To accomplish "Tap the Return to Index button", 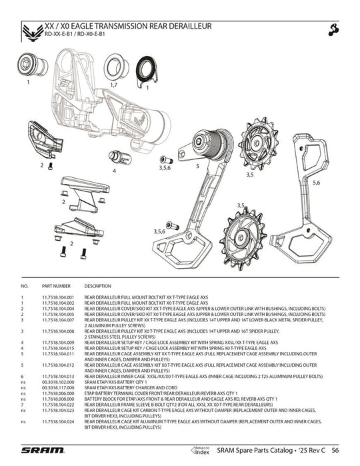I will coord(201,450).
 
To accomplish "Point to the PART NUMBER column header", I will coord(55,285).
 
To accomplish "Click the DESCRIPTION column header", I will coord(97,285).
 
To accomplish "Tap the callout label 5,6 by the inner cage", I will coord(316,181).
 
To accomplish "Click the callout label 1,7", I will coord(114,85).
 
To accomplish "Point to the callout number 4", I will coord(114,171).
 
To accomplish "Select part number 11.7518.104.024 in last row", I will coord(61,422).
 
